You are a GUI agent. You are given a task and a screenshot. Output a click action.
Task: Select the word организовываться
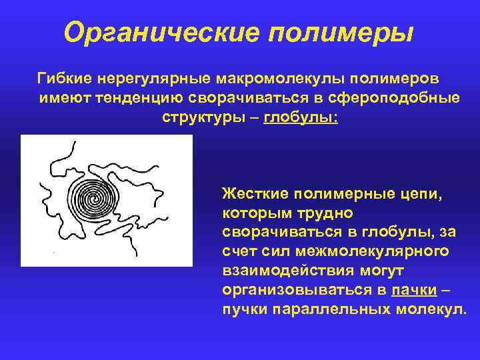(298, 291)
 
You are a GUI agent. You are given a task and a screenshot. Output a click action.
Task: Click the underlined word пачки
(415, 291)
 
